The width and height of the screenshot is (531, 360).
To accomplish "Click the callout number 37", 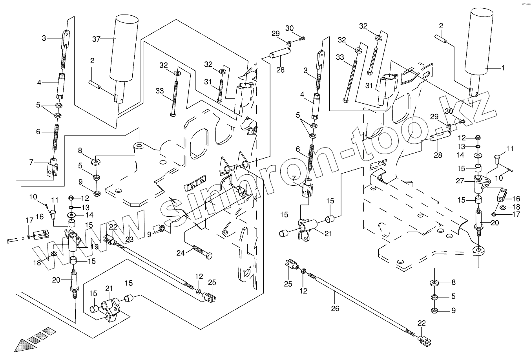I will tap(97, 38).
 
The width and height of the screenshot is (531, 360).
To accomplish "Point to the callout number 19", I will tap(94, 247).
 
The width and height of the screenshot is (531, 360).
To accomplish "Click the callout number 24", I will tap(181, 253).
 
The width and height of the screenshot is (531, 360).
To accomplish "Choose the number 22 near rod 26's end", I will tap(421, 323).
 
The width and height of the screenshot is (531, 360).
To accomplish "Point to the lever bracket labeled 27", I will tap(481, 182).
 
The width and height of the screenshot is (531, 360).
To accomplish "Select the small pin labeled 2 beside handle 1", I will tap(441, 39).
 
